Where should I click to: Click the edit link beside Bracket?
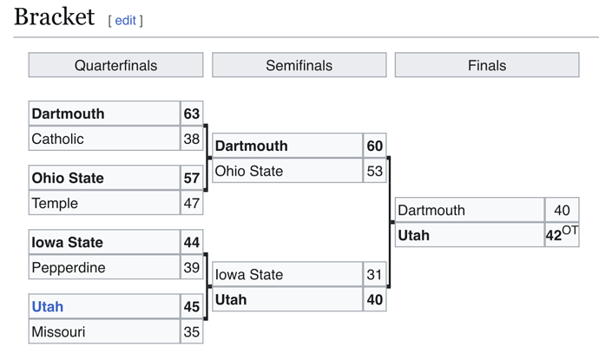tap(125, 20)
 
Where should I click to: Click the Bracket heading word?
tap(54, 16)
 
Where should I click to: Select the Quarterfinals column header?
tap(115, 65)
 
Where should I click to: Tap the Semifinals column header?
tap(299, 65)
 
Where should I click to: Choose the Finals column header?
tap(487, 65)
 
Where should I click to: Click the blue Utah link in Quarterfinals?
tap(48, 306)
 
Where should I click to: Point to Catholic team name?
tap(57, 139)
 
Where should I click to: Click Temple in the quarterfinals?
tap(55, 203)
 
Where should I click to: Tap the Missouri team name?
tap(58, 331)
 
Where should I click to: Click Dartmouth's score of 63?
tap(192, 114)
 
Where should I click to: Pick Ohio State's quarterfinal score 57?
tap(192, 178)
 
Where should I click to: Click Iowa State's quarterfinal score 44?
tap(192, 242)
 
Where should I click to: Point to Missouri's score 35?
tap(192, 331)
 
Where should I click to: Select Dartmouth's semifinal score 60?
tap(375, 146)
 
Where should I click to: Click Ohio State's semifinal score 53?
tap(375, 171)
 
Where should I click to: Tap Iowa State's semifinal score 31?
tap(374, 274)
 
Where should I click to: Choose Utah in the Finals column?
tap(414, 235)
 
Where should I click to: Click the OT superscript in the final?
tap(570, 230)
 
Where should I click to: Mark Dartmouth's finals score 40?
tap(562, 210)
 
